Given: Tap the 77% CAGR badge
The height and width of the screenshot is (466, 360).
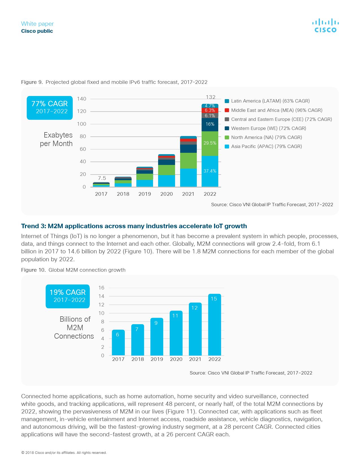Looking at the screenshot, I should [x=49, y=108].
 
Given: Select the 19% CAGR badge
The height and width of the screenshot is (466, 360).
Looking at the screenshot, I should [x=67, y=296].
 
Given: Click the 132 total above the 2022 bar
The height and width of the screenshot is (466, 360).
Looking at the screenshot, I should [x=211, y=97].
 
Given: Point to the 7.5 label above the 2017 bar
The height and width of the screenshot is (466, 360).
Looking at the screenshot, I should [x=102, y=178].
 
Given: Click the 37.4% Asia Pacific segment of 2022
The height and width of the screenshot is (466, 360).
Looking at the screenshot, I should [x=210, y=171].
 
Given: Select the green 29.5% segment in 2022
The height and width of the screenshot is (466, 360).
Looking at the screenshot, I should [x=210, y=143].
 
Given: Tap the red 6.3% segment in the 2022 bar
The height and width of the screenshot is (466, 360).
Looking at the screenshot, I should [x=210, y=110].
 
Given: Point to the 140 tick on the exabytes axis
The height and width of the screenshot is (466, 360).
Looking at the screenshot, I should [x=82, y=99].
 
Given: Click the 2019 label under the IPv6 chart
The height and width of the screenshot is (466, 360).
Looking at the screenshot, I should [x=145, y=194].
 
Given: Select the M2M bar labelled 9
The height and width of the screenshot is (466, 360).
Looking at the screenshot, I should [x=157, y=336].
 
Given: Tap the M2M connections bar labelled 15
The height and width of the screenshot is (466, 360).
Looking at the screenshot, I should [x=214, y=325].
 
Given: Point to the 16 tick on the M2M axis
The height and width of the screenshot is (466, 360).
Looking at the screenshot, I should [x=101, y=288].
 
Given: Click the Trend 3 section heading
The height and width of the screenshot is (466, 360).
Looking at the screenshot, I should [x=134, y=226].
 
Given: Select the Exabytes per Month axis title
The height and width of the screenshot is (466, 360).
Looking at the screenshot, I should [x=56, y=139].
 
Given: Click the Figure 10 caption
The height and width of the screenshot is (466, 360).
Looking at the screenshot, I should [x=73, y=270].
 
